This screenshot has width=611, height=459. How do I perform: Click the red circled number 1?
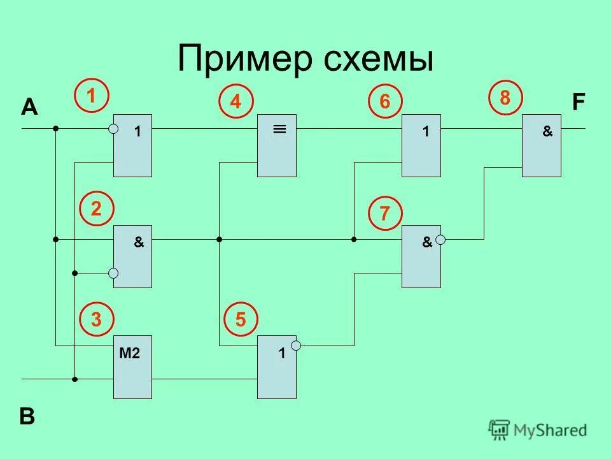[x=92, y=96]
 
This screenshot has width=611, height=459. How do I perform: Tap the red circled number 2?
[x=97, y=209]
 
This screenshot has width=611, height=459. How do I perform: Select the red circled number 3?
[x=97, y=320]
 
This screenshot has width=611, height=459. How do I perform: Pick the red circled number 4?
[x=236, y=103]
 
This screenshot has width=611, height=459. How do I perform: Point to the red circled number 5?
[x=241, y=320]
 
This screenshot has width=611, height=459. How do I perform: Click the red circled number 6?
[x=385, y=102]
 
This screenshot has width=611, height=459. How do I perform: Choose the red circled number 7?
[x=385, y=214]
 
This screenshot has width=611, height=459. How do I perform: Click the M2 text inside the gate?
[x=129, y=354]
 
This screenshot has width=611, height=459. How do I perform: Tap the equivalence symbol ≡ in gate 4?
[x=279, y=129]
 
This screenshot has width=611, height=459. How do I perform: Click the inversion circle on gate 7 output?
[x=440, y=240]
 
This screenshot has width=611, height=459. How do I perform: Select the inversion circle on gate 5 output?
[x=296, y=345]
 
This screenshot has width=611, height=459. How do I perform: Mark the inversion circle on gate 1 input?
[x=113, y=129]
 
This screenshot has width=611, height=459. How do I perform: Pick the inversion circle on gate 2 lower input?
[x=113, y=273]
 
